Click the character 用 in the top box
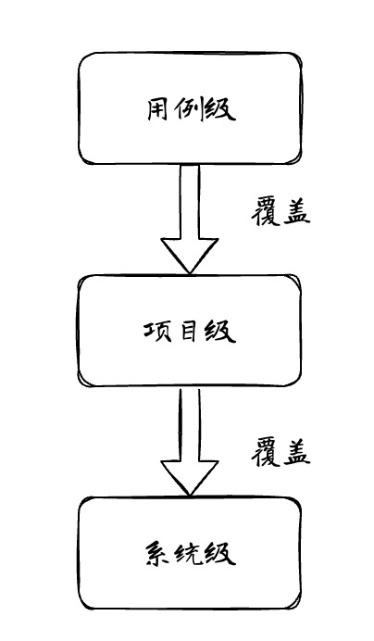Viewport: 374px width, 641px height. (157, 109)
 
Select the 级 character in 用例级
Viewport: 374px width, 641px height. (220, 109)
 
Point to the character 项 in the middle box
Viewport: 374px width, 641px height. (157, 331)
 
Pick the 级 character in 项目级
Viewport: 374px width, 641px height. (220, 331)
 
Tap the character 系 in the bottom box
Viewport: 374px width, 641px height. (158, 553)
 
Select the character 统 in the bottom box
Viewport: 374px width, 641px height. (189, 553)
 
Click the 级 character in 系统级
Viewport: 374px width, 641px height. (220, 553)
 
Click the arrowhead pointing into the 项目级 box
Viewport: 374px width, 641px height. (189, 255)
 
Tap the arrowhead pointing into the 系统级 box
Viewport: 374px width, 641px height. (189, 477)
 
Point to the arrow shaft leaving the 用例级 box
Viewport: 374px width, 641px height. (189, 202)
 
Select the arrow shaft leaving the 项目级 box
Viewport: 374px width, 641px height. (189, 424)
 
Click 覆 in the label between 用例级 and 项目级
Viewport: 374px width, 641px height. (265, 212)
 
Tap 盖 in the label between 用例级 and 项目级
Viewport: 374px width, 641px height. (296, 212)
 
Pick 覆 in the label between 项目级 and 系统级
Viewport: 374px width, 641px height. (265, 453)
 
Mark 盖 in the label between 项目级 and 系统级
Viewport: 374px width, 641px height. (296, 453)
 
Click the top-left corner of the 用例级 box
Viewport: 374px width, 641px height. (80, 54)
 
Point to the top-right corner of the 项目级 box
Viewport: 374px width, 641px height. (301, 276)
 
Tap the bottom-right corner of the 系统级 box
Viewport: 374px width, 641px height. (300, 608)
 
